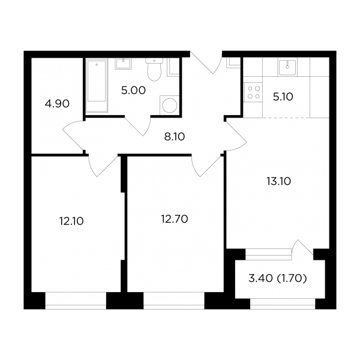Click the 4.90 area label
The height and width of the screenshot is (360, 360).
pyautogui.click(x=57, y=104)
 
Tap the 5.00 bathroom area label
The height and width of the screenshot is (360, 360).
pyautogui.click(x=133, y=90)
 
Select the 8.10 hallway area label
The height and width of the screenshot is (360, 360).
pyautogui.click(x=175, y=137)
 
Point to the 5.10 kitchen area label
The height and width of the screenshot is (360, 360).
pyautogui.click(x=283, y=97)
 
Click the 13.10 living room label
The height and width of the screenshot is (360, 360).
pyautogui.click(x=279, y=181)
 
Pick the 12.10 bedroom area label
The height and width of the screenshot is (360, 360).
pyautogui.click(x=71, y=221)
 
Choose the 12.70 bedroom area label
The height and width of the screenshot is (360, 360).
pyautogui.click(x=175, y=219)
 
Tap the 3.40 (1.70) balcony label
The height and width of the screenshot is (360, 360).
pyautogui.click(x=278, y=278)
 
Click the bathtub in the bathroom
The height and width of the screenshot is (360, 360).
pyautogui.click(x=97, y=85)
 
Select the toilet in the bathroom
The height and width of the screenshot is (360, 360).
pyautogui.click(x=154, y=70)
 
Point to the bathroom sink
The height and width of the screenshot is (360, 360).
pyautogui.click(x=124, y=64)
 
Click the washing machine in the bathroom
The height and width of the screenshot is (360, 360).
pyautogui.click(x=169, y=105)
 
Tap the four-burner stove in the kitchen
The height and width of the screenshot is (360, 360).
pyautogui.click(x=254, y=92)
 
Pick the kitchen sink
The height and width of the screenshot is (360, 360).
pyautogui.click(x=287, y=67)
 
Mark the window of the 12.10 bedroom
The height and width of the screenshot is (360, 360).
pyautogui.click(x=76, y=301)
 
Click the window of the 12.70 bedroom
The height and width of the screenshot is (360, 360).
pyautogui.click(x=174, y=301)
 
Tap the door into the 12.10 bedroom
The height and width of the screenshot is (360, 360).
pyautogui.click(x=103, y=166)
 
